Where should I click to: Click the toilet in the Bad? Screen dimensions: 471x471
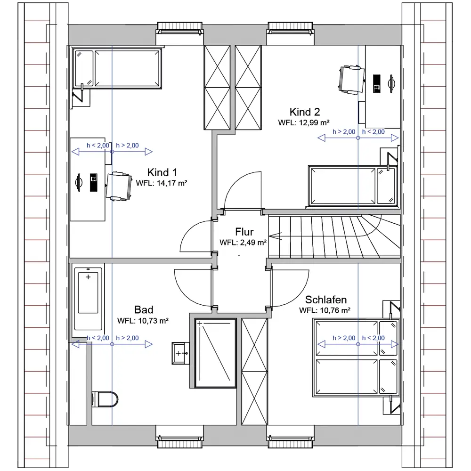pyautogui.click(x=105, y=399)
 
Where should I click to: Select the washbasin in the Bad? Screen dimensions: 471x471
pyautogui.click(x=180, y=353)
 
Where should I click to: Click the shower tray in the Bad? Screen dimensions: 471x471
pyautogui.click(x=215, y=353)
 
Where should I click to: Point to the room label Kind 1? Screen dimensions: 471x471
pyautogui.click(x=162, y=172)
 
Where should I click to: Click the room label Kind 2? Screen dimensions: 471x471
pyautogui.click(x=305, y=112)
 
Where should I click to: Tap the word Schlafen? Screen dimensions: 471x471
pyautogui.click(x=326, y=300)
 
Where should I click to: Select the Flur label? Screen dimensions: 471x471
pyautogui.click(x=244, y=232)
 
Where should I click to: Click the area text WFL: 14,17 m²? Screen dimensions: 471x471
pyautogui.click(x=162, y=183)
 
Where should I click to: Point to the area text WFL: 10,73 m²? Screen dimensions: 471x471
pyautogui.click(x=143, y=321)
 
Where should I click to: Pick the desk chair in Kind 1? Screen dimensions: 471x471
pyautogui.click(x=119, y=186)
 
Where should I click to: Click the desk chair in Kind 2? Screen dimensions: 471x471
pyautogui.click(x=351, y=80)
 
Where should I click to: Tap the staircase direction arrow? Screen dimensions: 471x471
pyautogui.click(x=275, y=236)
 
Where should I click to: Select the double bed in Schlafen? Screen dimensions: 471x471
pyautogui.click(x=356, y=357)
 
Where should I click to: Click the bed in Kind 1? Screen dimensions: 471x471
pyautogui.click(x=117, y=68)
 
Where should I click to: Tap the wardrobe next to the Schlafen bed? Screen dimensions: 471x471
pyautogui.click(x=254, y=372)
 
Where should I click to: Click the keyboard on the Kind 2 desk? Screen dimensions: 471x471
pyautogui.click(x=377, y=83)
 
